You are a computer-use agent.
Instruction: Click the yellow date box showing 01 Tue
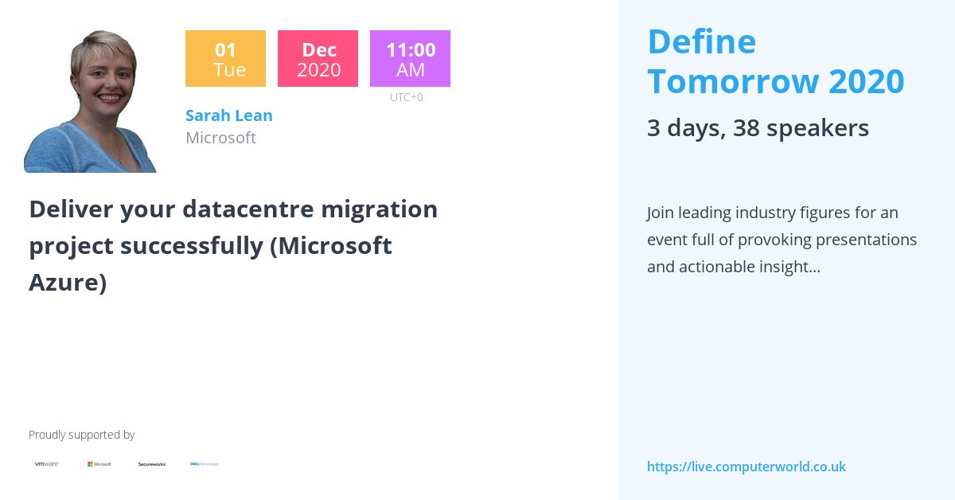[x=225, y=59]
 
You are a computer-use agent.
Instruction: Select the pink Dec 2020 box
[x=318, y=59]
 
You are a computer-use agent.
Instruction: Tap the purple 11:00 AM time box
[x=410, y=59]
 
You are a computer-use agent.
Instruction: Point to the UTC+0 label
[x=407, y=97]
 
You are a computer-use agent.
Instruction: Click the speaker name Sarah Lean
[x=229, y=115]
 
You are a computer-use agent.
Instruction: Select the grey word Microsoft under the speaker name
[x=220, y=138]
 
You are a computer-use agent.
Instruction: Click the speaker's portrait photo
[x=91, y=101]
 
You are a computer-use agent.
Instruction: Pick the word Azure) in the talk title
[x=68, y=283]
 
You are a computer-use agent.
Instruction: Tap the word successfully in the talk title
[x=192, y=246]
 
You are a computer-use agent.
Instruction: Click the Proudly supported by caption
[x=81, y=435]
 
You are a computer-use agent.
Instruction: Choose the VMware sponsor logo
[x=46, y=463]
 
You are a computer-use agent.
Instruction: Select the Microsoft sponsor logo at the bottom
[x=99, y=463]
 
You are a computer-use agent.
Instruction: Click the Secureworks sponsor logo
[x=152, y=463]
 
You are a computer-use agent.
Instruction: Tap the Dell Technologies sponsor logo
[x=205, y=463]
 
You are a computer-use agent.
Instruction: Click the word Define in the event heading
[x=701, y=41]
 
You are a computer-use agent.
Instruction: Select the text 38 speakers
[x=801, y=127]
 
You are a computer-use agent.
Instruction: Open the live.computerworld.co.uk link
[x=746, y=467]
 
